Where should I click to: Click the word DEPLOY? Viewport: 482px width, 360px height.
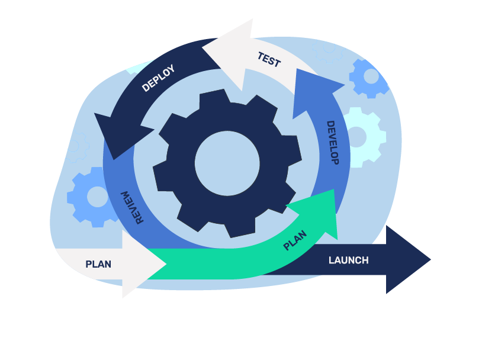coord(159,78)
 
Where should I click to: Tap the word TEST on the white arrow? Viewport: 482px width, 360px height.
coord(269,60)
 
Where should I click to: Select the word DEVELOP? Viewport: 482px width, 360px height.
coord(332,143)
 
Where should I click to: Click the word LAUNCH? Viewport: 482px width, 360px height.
coord(348,260)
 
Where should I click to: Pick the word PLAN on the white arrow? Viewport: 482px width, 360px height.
coord(98,264)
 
